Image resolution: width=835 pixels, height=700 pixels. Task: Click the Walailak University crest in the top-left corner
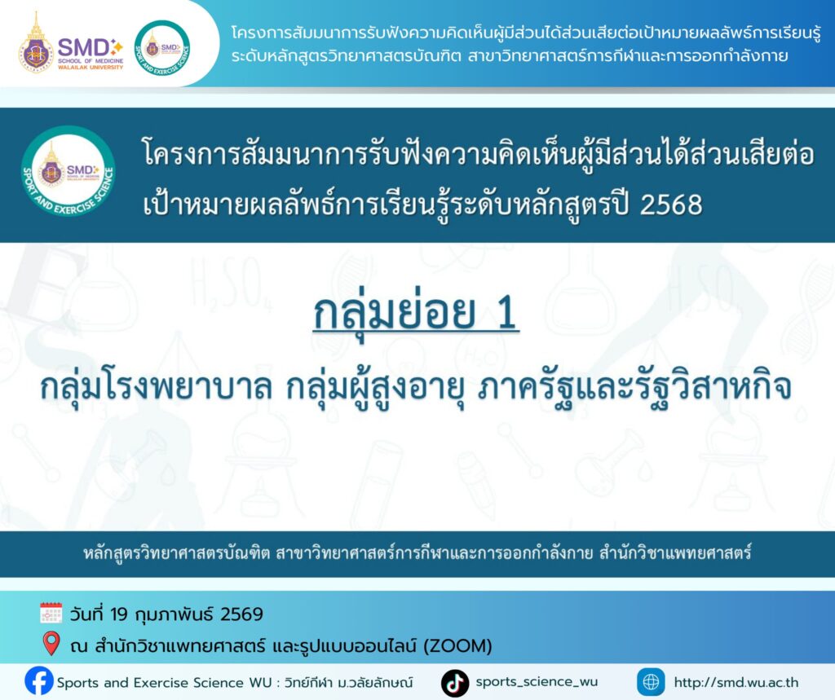[37, 42]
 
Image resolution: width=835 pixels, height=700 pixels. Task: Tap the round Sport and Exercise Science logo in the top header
[162, 44]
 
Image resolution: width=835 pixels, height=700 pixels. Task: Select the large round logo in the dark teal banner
[68, 174]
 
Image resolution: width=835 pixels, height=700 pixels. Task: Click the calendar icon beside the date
[51, 613]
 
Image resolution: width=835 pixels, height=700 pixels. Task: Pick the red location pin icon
[51, 644]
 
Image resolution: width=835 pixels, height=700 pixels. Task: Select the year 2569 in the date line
[242, 614]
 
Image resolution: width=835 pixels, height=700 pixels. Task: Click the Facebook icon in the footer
[38, 681]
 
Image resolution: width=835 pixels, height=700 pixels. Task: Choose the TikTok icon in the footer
[455, 682]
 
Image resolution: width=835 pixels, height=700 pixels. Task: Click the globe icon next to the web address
[651, 682]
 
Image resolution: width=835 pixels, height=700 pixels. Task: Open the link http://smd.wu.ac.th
[736, 682]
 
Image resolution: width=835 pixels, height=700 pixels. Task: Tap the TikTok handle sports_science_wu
[537, 682]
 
